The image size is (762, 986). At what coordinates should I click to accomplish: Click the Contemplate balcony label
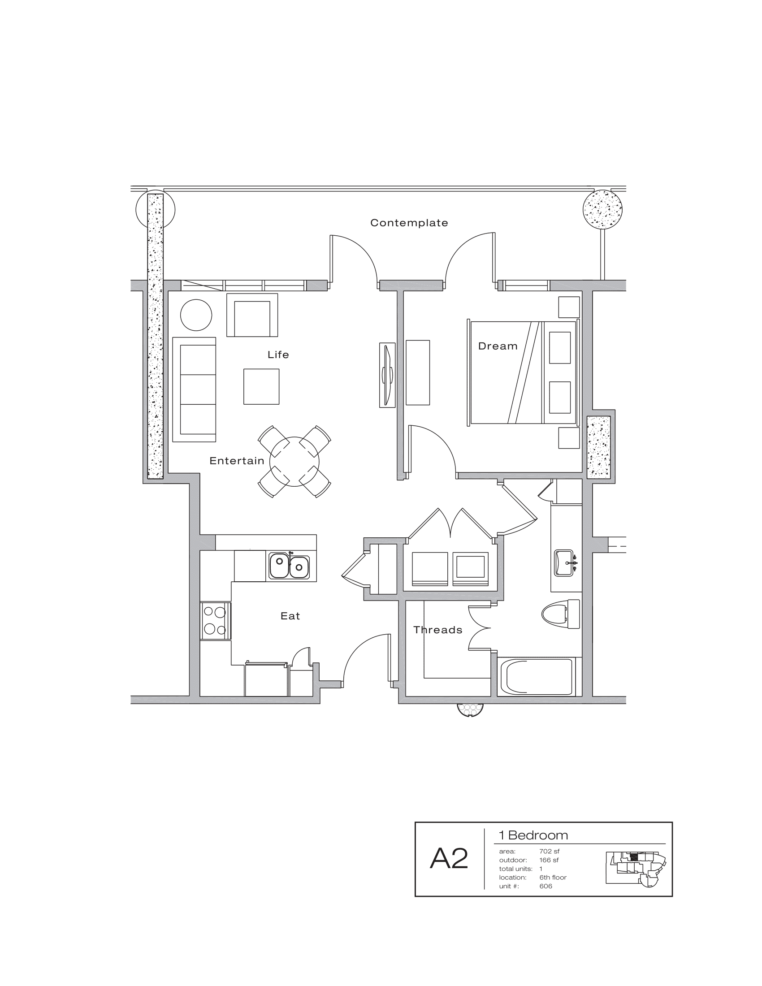(409, 223)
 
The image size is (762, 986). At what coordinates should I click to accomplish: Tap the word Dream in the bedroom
(498, 346)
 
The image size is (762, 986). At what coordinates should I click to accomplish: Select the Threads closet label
(437, 630)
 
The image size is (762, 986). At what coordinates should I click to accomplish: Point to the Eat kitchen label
(290, 616)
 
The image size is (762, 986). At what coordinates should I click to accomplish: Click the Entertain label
(237, 460)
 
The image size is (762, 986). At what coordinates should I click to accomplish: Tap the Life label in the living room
(278, 355)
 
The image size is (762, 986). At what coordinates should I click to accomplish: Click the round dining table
(294, 461)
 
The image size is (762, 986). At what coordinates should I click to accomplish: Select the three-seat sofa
(195, 389)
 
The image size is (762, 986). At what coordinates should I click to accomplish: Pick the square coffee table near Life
(261, 386)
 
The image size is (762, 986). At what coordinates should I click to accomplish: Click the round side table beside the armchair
(196, 316)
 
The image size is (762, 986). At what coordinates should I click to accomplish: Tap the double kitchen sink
(290, 566)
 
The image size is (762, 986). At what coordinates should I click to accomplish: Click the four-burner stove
(215, 621)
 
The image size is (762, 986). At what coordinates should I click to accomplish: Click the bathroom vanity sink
(564, 562)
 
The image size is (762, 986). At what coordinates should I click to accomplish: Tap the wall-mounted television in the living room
(387, 375)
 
